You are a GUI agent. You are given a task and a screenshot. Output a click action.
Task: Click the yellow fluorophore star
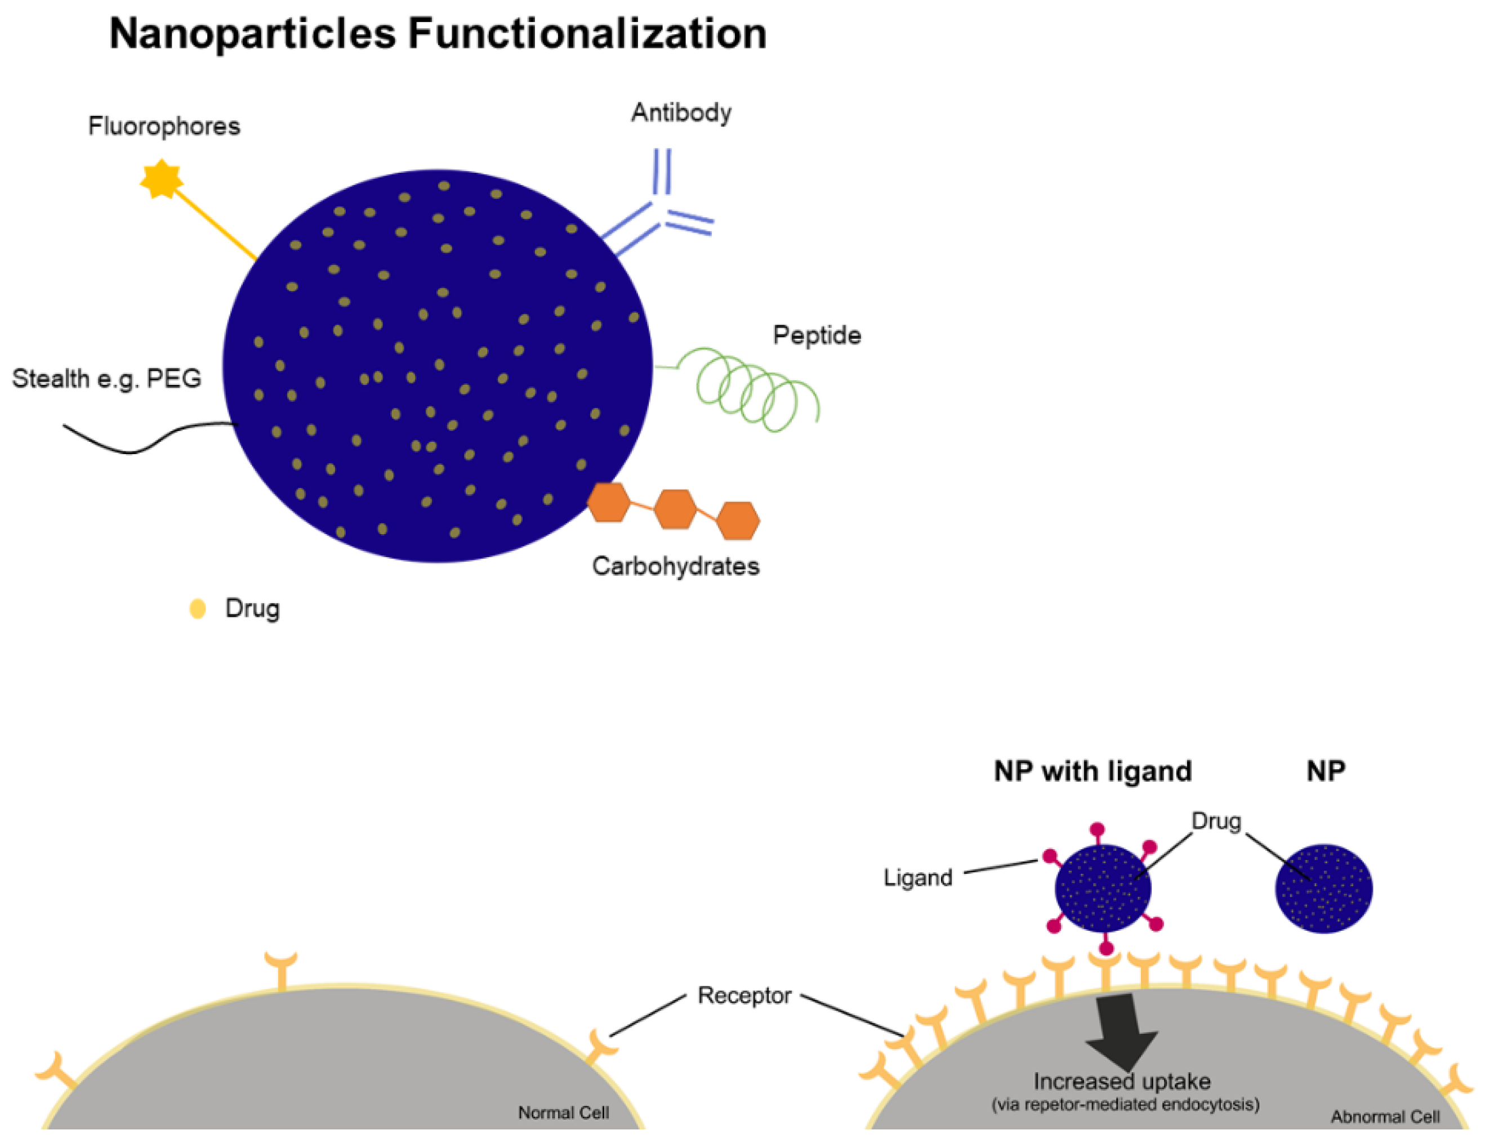click(161, 179)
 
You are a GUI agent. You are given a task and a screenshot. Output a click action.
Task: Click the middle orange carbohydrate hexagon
click(674, 509)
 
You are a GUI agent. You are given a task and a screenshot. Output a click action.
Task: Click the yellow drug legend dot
click(198, 608)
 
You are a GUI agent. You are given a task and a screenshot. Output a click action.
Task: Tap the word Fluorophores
click(164, 126)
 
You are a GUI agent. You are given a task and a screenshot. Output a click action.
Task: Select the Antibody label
click(680, 113)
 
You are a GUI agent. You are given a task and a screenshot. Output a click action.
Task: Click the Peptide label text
click(816, 335)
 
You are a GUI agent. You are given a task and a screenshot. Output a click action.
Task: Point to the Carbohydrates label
click(675, 566)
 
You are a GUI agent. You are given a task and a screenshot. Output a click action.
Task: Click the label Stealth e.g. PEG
click(106, 378)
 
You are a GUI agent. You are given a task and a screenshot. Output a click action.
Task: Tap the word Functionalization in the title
click(587, 34)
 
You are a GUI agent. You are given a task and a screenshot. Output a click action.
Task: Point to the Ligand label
click(917, 878)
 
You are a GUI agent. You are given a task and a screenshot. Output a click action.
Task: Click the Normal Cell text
click(563, 1113)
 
